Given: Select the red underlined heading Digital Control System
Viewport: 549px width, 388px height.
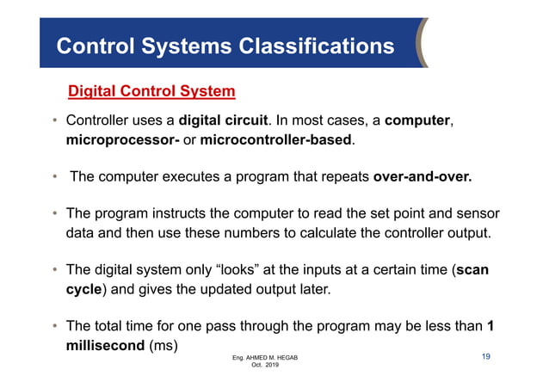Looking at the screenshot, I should [x=151, y=90].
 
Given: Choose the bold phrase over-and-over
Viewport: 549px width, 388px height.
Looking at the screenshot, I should [x=423, y=177].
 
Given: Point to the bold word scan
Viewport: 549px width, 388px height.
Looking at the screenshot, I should [x=472, y=270].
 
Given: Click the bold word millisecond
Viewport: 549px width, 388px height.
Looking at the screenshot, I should [x=106, y=346].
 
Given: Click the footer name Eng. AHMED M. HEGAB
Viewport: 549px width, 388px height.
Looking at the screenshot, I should [x=268, y=357].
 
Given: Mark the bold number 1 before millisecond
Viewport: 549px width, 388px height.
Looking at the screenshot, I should [x=490, y=327].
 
